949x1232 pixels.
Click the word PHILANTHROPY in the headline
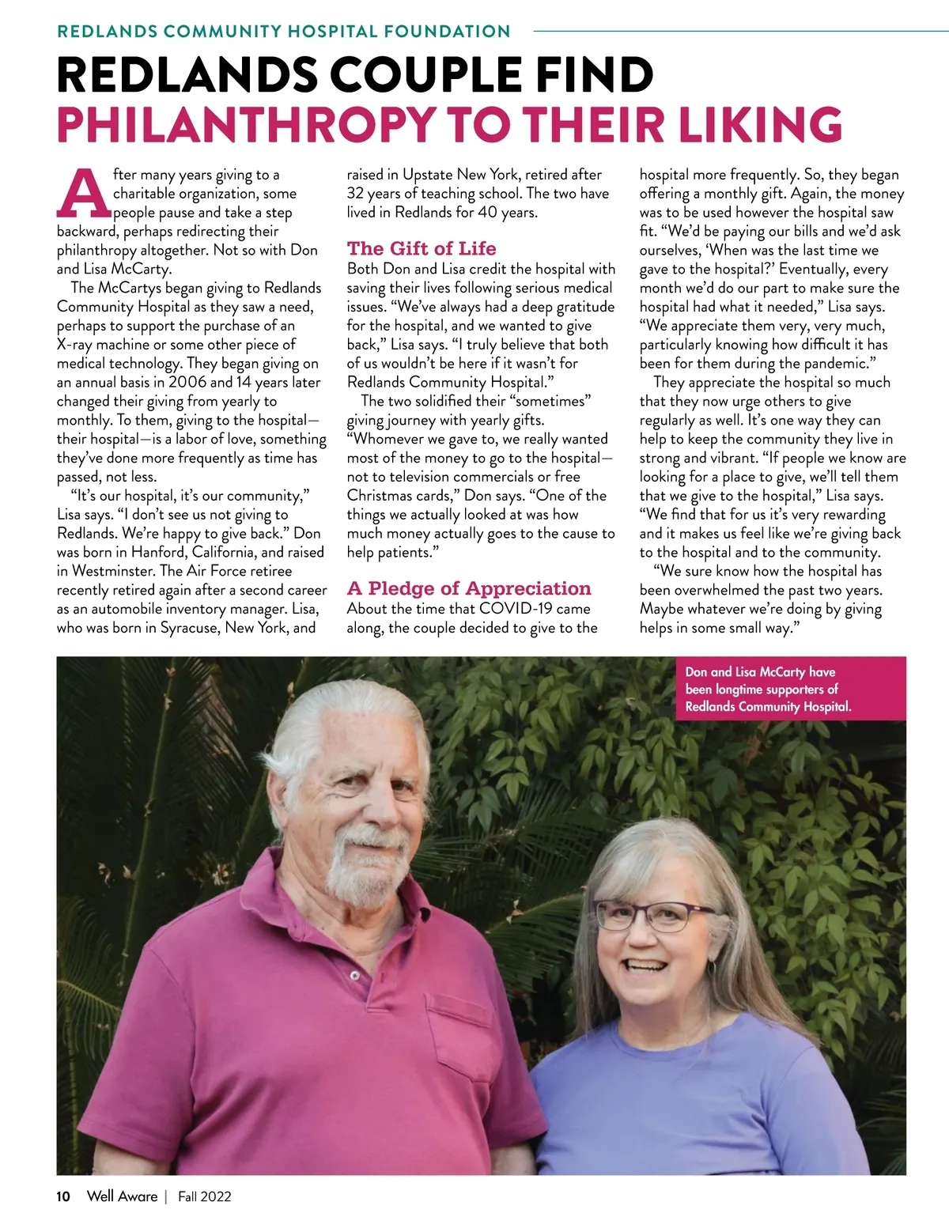(x=245, y=125)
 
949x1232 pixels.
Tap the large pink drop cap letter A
(x=82, y=193)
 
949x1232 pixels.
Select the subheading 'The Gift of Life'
(x=422, y=248)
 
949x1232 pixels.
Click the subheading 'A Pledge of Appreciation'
(x=469, y=588)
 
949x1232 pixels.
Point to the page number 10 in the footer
(x=63, y=1196)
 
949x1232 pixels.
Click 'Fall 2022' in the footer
(x=204, y=1196)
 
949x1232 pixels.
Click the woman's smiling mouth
(x=648, y=966)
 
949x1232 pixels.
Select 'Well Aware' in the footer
(x=122, y=1196)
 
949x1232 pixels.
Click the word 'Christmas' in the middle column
(x=378, y=496)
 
